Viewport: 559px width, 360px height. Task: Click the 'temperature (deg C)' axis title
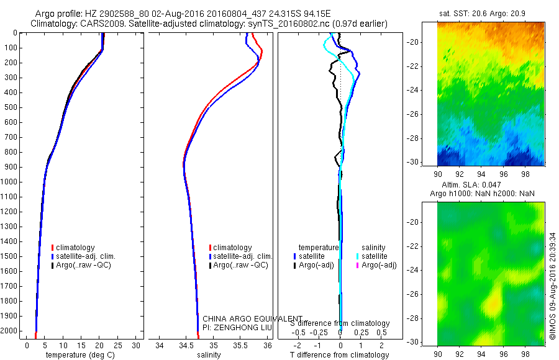[x=79, y=355]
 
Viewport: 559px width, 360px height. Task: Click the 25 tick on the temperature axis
[x=118, y=345]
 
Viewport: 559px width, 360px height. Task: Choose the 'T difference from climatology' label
[x=339, y=355]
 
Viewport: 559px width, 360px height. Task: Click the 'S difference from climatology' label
[x=340, y=323]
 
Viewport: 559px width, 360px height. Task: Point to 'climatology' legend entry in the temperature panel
[x=76, y=248]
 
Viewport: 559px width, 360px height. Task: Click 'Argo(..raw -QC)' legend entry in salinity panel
[x=240, y=265]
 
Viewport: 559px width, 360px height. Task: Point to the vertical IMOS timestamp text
[x=552, y=286]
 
